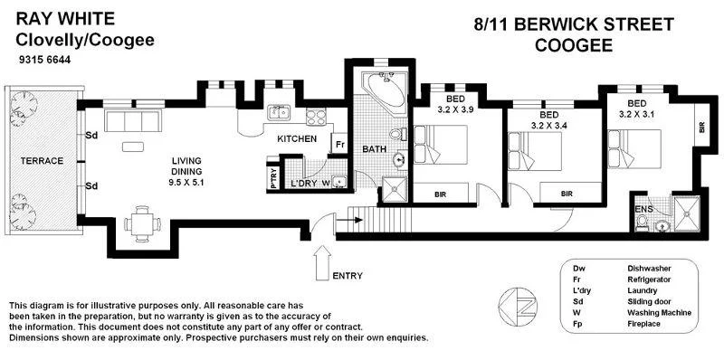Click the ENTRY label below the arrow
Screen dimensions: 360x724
[x=349, y=276]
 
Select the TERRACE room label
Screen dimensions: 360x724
[x=42, y=161]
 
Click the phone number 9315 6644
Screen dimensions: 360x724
[x=44, y=61]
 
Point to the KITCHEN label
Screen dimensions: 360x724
[x=296, y=139]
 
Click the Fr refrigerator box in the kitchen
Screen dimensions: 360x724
[x=339, y=145]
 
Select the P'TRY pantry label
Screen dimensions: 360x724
[x=273, y=176]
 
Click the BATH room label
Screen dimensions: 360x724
[x=375, y=148]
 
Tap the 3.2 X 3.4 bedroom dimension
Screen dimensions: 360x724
[x=548, y=127]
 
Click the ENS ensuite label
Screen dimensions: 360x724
[x=643, y=210]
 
